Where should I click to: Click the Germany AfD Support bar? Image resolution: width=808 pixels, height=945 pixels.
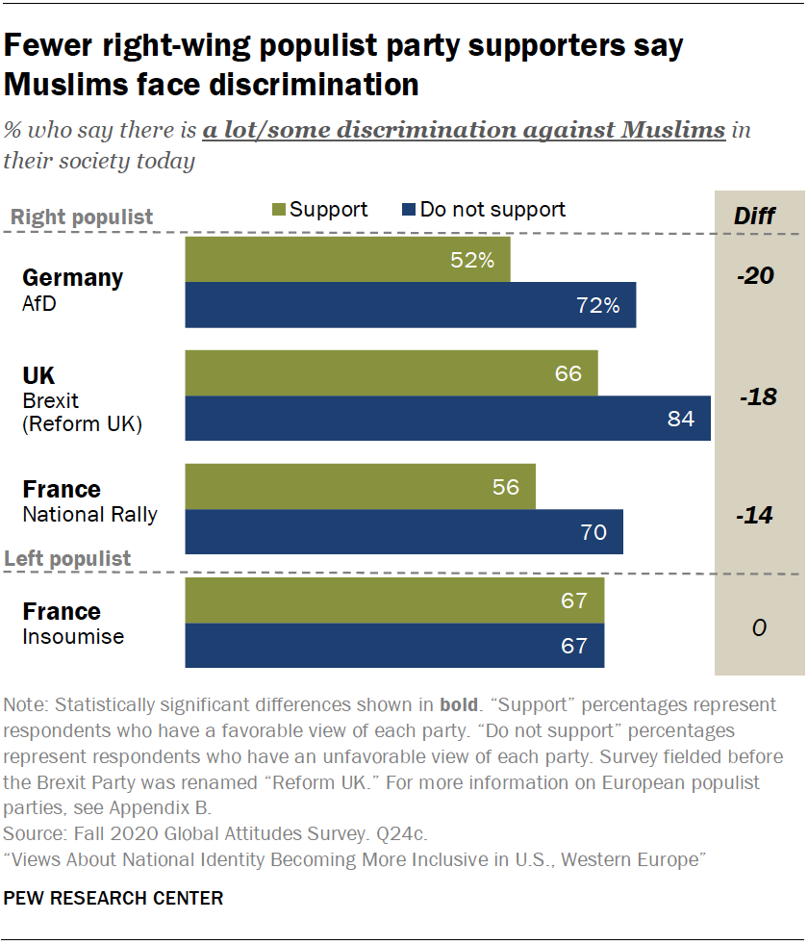click(346, 260)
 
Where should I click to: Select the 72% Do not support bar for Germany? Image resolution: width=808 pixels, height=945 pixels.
click(410, 305)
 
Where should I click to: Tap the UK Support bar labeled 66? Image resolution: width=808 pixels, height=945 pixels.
click(391, 372)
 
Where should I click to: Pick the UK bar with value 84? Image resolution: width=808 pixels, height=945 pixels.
click(447, 419)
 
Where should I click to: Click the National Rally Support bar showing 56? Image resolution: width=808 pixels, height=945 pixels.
click(360, 487)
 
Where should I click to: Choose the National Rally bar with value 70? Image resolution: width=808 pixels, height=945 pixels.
click(403, 531)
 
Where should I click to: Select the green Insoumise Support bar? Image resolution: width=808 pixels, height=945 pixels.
click(394, 600)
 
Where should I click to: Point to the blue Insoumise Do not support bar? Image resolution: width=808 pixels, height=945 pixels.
click(394, 646)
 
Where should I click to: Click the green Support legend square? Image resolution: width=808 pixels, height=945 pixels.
click(280, 210)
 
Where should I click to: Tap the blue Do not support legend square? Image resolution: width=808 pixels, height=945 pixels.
click(409, 210)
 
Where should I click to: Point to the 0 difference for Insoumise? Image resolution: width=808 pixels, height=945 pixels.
click(758, 628)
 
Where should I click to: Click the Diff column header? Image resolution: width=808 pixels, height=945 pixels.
click(754, 216)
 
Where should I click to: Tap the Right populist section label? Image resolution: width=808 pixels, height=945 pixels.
click(82, 217)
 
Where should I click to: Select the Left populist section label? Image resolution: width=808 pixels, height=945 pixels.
click(68, 559)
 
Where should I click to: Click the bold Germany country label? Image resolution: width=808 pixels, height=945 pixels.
click(73, 278)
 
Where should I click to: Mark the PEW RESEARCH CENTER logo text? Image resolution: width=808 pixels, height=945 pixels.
click(114, 899)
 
